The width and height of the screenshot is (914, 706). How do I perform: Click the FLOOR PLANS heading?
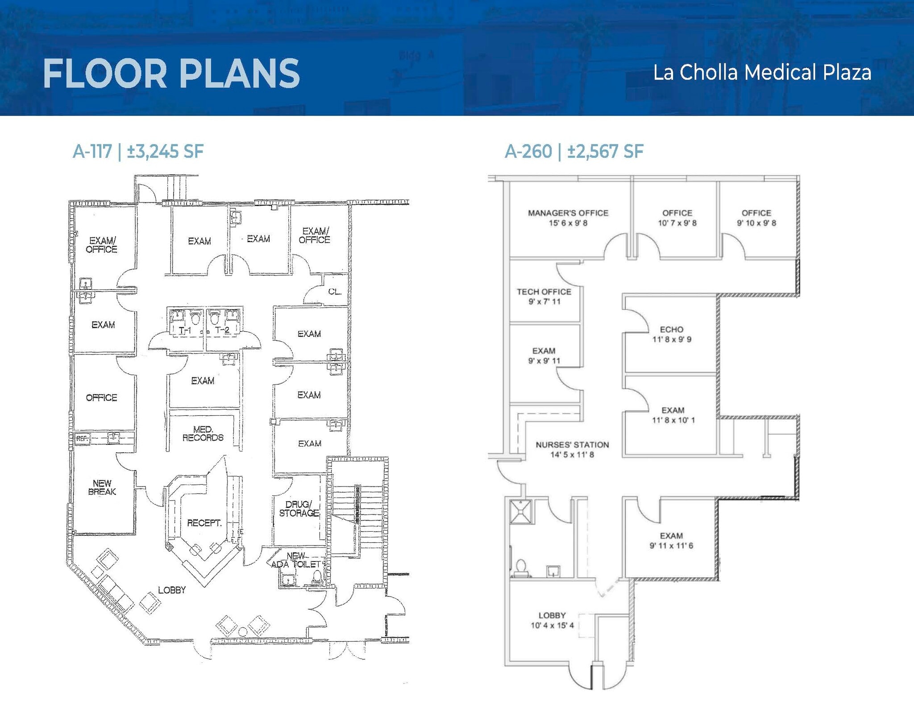pyautogui.click(x=171, y=74)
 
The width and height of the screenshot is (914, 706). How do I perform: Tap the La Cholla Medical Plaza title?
pyautogui.click(x=762, y=73)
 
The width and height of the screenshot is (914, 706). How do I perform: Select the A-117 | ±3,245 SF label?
pyautogui.click(x=138, y=152)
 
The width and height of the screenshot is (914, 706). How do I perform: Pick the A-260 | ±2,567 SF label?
pyautogui.click(x=574, y=152)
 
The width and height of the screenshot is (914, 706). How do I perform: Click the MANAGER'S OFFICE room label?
pyautogui.click(x=568, y=213)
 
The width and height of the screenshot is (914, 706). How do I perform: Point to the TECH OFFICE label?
pyautogui.click(x=544, y=292)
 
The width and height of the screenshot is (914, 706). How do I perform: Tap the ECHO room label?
pyautogui.click(x=672, y=330)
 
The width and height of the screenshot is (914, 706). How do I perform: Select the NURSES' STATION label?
pyautogui.click(x=572, y=445)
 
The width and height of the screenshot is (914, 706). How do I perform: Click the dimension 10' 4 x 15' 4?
pyautogui.click(x=552, y=625)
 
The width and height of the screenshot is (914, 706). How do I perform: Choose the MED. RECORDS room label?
pyautogui.click(x=203, y=434)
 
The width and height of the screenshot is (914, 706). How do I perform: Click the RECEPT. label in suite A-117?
pyautogui.click(x=204, y=523)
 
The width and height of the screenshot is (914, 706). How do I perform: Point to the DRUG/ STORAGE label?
pyautogui.click(x=299, y=509)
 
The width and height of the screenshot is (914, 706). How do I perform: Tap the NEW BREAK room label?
pyautogui.click(x=102, y=487)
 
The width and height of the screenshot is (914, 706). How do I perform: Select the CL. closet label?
pyautogui.click(x=335, y=292)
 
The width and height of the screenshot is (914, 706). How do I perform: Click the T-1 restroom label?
pyautogui.click(x=185, y=330)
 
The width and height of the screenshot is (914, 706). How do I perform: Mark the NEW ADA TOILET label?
pyautogui.click(x=296, y=560)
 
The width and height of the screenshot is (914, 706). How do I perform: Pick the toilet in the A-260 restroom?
pyautogui.click(x=521, y=568)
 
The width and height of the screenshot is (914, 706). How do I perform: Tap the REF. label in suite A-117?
pyautogui.click(x=82, y=439)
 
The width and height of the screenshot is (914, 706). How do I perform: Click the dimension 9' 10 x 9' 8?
pyautogui.click(x=756, y=223)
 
